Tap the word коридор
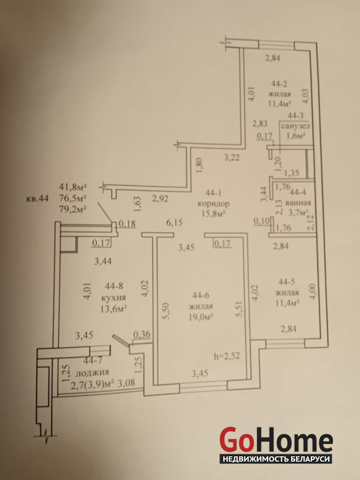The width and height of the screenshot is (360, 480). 214,203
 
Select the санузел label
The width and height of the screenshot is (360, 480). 296,126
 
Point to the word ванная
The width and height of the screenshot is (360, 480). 298,202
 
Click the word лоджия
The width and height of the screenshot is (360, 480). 92,372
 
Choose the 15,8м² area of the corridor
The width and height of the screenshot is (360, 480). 214,214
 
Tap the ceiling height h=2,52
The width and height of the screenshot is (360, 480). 227,355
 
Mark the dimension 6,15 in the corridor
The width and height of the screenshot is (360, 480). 174,223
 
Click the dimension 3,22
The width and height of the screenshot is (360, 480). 232,158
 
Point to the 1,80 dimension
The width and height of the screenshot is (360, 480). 198,166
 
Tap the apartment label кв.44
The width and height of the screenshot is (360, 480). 37,199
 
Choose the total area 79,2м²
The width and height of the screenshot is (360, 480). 73,209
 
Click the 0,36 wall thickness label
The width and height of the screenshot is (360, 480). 142,334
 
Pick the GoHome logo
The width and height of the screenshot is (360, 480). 277,438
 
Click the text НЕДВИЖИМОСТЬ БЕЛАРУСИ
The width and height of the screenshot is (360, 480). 276,459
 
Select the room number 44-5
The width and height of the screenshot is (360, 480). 287,281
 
